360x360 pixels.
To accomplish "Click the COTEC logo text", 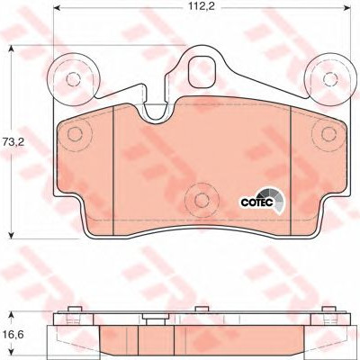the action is [256, 202].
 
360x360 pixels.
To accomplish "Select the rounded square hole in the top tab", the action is [202, 72].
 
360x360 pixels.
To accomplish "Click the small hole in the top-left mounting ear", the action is [73, 79].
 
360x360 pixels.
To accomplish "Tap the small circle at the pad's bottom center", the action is [202, 199].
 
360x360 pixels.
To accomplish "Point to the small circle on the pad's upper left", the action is [75, 134].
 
